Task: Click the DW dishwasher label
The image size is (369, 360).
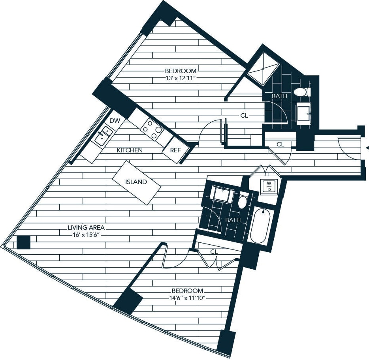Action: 115,121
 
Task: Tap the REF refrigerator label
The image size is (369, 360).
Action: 175,150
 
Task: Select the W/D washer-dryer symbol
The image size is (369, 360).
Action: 269,186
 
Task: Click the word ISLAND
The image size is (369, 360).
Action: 136,182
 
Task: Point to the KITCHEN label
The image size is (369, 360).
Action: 130,150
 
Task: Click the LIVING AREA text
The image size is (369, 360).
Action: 86,228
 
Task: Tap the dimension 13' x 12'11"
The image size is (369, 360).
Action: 181,77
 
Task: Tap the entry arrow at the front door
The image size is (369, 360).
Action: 367,148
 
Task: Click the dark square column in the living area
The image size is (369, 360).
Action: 24,242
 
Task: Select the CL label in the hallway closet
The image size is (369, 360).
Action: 280,144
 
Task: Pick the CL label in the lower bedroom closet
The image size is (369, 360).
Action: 214,251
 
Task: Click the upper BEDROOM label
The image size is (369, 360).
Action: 181,70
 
